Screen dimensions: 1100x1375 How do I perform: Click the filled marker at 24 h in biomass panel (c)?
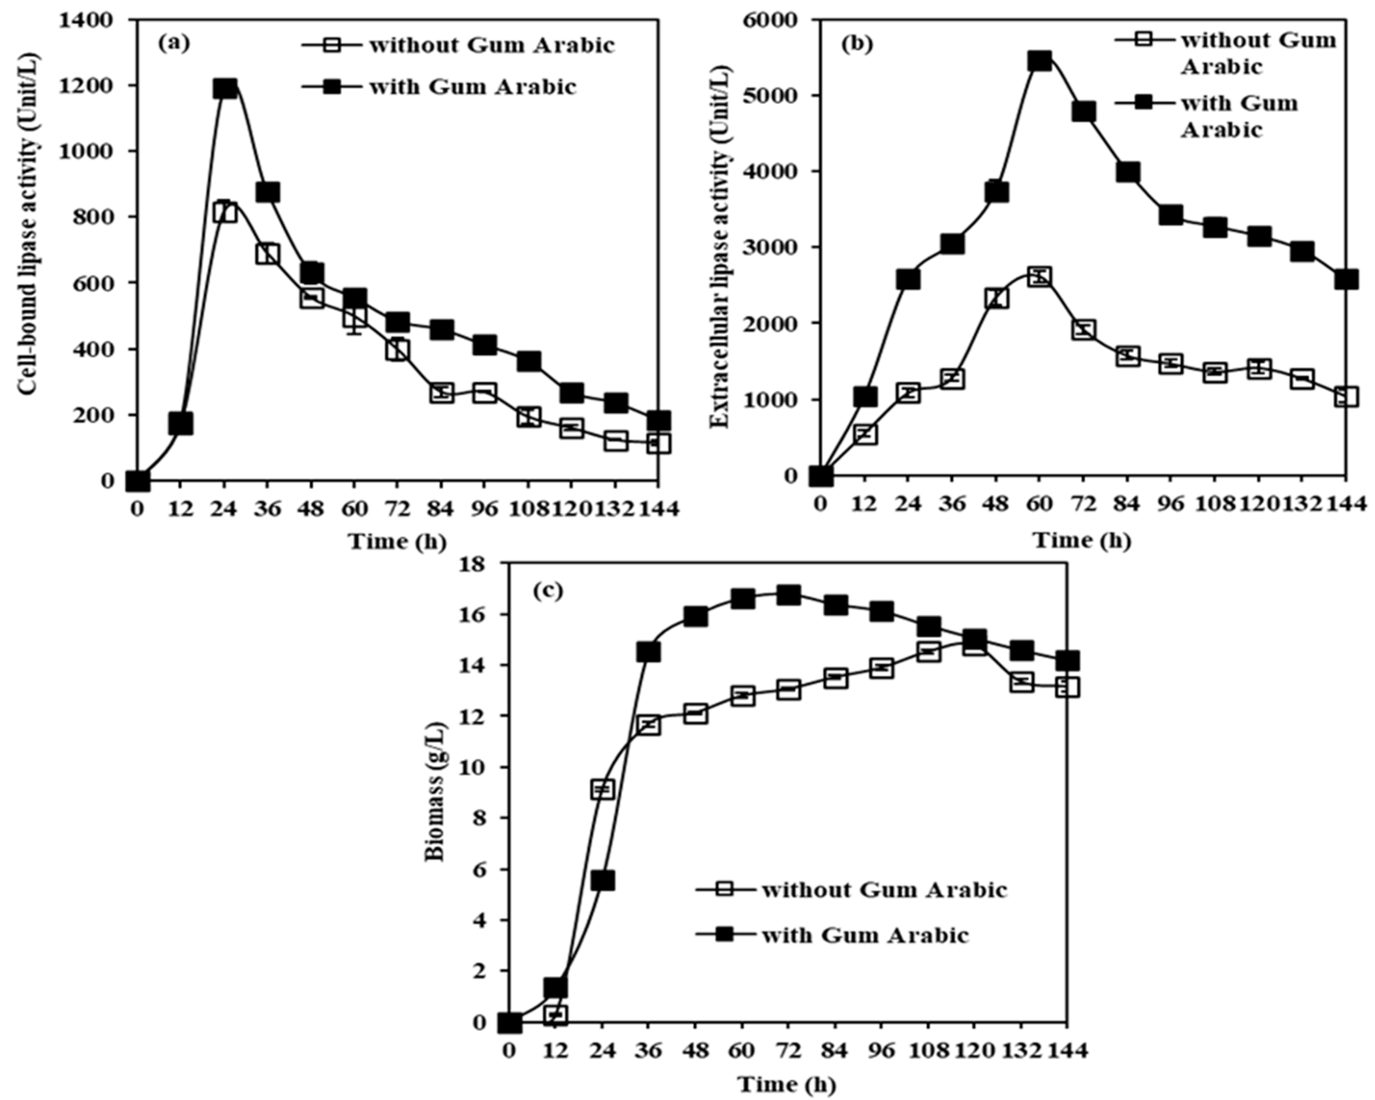(x=603, y=880)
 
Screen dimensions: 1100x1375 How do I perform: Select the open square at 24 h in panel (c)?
(x=603, y=789)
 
